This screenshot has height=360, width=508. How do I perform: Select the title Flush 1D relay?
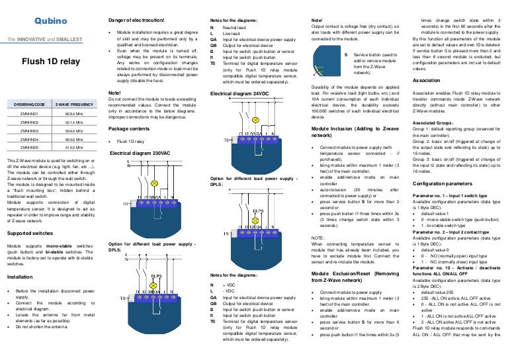pyautogui.click(x=47, y=62)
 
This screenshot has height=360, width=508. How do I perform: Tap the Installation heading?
pyautogui.click(x=19, y=277)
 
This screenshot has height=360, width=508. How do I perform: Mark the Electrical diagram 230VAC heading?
pyautogui.click(x=141, y=153)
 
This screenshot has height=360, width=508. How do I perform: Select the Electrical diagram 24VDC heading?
pyautogui.click(x=241, y=95)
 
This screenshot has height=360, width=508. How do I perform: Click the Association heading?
pyautogui.click(x=427, y=79)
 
